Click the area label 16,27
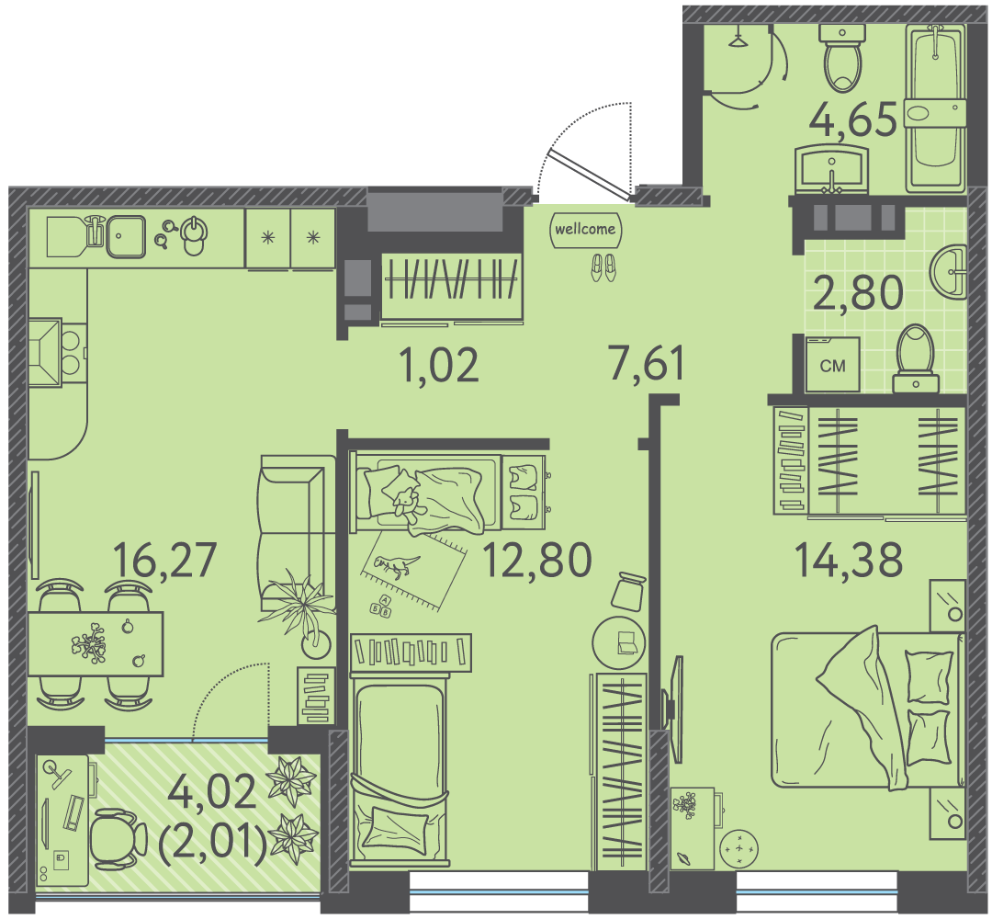click(164, 561)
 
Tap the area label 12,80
click(537, 561)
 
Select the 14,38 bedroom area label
click(849, 561)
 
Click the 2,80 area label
click(858, 293)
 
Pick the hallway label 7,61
click(647, 364)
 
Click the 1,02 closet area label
click(440, 365)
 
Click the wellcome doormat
click(585, 229)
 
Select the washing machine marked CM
click(832, 364)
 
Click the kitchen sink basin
click(125, 237)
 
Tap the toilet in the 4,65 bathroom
click(842, 58)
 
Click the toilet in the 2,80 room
click(916, 358)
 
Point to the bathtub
click(934, 108)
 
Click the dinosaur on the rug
click(396, 566)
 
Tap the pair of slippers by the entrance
click(603, 267)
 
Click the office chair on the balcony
click(118, 839)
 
